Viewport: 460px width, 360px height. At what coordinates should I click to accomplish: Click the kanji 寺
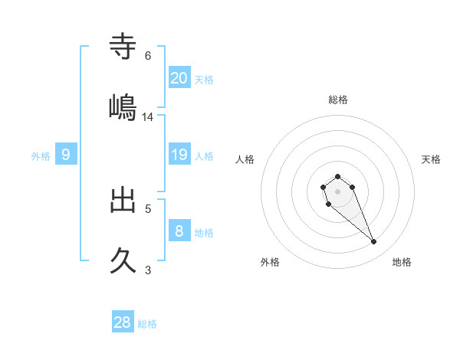[123, 47]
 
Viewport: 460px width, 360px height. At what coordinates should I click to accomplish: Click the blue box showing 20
[179, 77]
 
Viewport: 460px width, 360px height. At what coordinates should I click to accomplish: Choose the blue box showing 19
[179, 155]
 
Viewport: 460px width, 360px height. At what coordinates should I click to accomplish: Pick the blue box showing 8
[179, 231]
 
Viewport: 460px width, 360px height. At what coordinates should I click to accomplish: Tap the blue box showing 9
[66, 155]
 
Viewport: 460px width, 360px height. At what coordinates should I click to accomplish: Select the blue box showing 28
[123, 322]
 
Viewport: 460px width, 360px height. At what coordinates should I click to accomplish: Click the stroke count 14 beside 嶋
[148, 117]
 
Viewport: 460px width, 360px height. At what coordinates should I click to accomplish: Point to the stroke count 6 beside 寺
[148, 56]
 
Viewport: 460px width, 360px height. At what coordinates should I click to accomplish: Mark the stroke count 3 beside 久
[148, 270]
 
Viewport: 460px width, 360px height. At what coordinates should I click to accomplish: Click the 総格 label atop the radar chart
[338, 100]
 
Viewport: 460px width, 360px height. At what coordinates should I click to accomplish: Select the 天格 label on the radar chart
[431, 159]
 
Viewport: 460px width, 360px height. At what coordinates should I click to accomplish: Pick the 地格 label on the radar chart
[402, 262]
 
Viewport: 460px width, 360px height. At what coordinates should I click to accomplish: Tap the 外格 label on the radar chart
[270, 262]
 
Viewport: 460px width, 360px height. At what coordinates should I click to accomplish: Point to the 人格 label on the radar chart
[245, 159]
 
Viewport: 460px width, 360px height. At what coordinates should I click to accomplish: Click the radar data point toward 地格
[373, 242]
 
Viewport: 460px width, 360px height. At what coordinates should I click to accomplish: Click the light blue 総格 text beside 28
[147, 324]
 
